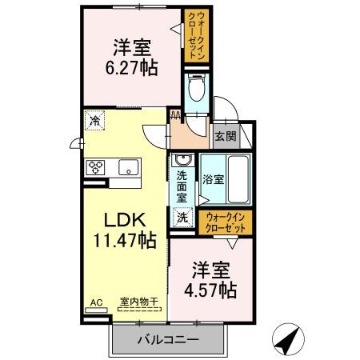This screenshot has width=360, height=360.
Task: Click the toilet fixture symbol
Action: [x=197, y=87]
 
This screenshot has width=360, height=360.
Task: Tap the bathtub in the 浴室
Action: [x=238, y=179]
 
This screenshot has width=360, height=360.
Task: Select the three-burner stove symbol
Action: [x=95, y=167]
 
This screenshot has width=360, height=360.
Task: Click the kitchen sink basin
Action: [x=129, y=167]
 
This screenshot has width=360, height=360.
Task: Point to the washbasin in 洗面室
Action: [x=182, y=160]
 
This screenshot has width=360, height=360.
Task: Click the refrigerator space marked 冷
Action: [x=94, y=121]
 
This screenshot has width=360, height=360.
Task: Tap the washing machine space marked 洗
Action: [x=182, y=218]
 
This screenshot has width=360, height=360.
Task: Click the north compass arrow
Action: [x=288, y=338]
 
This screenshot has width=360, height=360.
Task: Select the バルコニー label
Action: [x=168, y=340]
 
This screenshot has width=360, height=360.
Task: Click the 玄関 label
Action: [x=226, y=136]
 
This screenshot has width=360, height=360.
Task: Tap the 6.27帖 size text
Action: [x=131, y=68]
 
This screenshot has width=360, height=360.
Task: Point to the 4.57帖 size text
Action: [x=210, y=290]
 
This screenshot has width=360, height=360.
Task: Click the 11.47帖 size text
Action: [x=125, y=240]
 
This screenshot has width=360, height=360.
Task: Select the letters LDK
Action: [x=125, y=220]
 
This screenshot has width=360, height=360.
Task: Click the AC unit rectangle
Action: [x=96, y=310]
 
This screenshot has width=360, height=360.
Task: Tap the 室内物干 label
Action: [x=139, y=302]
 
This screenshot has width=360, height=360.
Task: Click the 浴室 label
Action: [x=213, y=179]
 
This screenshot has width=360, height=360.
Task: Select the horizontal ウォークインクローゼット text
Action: [x=226, y=223]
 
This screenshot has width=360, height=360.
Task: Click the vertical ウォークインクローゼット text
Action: [x=197, y=35]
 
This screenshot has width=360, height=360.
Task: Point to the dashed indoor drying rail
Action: [x=139, y=310]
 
